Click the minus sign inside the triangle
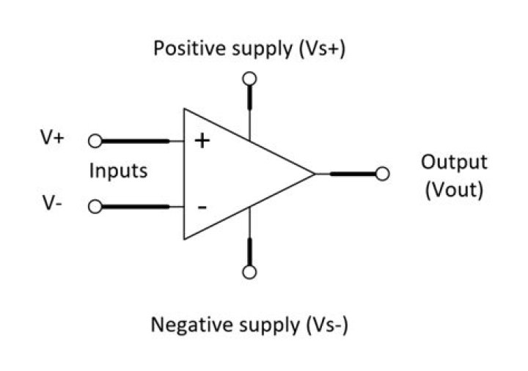[202, 207]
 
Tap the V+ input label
[52, 138]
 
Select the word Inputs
[118, 172]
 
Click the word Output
[454, 162]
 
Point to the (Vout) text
[454, 190]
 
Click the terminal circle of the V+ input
[95, 141]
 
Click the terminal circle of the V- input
[95, 206]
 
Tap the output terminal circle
[381, 174]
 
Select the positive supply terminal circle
[249, 78]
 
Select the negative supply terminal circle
[249, 272]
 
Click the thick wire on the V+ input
[139, 141]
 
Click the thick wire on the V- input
[139, 206]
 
